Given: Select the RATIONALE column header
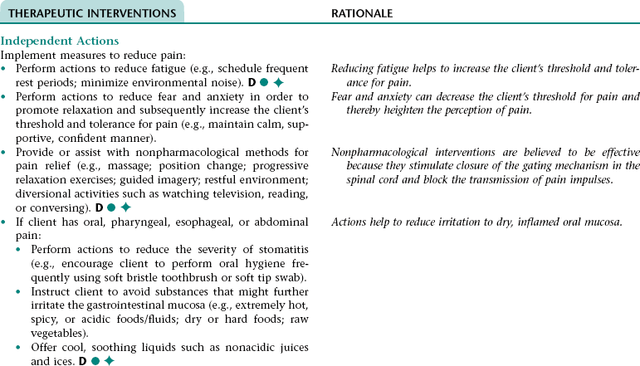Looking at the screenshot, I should pos(362,14).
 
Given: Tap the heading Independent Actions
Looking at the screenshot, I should pos(60,41).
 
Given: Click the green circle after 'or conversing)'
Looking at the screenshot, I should pos(110,207).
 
